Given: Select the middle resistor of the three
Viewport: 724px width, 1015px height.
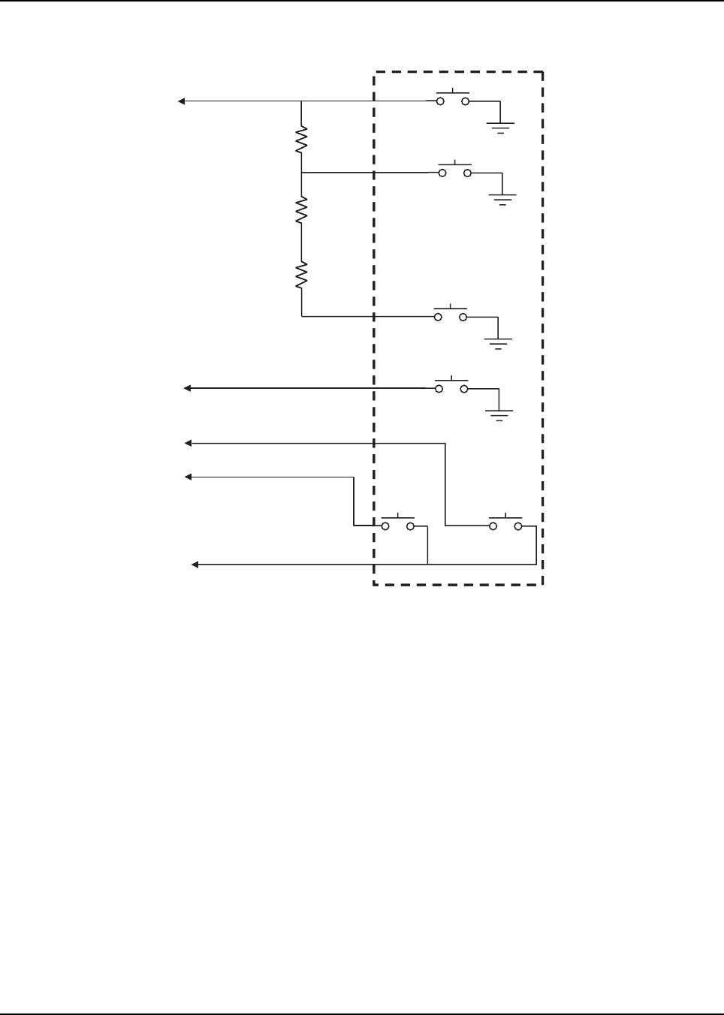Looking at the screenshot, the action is pos(301,210).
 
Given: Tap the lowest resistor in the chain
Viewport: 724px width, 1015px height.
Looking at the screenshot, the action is pos(301,276).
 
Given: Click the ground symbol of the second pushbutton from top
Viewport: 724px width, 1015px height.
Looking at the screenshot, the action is pos(502,198).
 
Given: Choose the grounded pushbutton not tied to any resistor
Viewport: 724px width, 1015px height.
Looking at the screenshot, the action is pos(451,387).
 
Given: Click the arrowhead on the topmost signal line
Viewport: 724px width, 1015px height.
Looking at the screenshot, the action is pos(181,101).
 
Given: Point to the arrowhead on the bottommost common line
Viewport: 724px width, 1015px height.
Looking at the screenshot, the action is pos(194,564).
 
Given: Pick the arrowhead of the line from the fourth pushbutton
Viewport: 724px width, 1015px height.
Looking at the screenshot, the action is pos(188,388).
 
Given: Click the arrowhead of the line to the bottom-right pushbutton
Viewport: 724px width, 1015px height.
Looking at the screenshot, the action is pos(188,444).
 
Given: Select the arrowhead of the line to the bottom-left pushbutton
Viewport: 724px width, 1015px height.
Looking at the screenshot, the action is pos(188,476).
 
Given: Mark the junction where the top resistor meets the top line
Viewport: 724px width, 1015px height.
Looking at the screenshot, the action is pos(301,101).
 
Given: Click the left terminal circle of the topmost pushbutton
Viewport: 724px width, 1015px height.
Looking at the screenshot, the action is pos(440,101).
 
